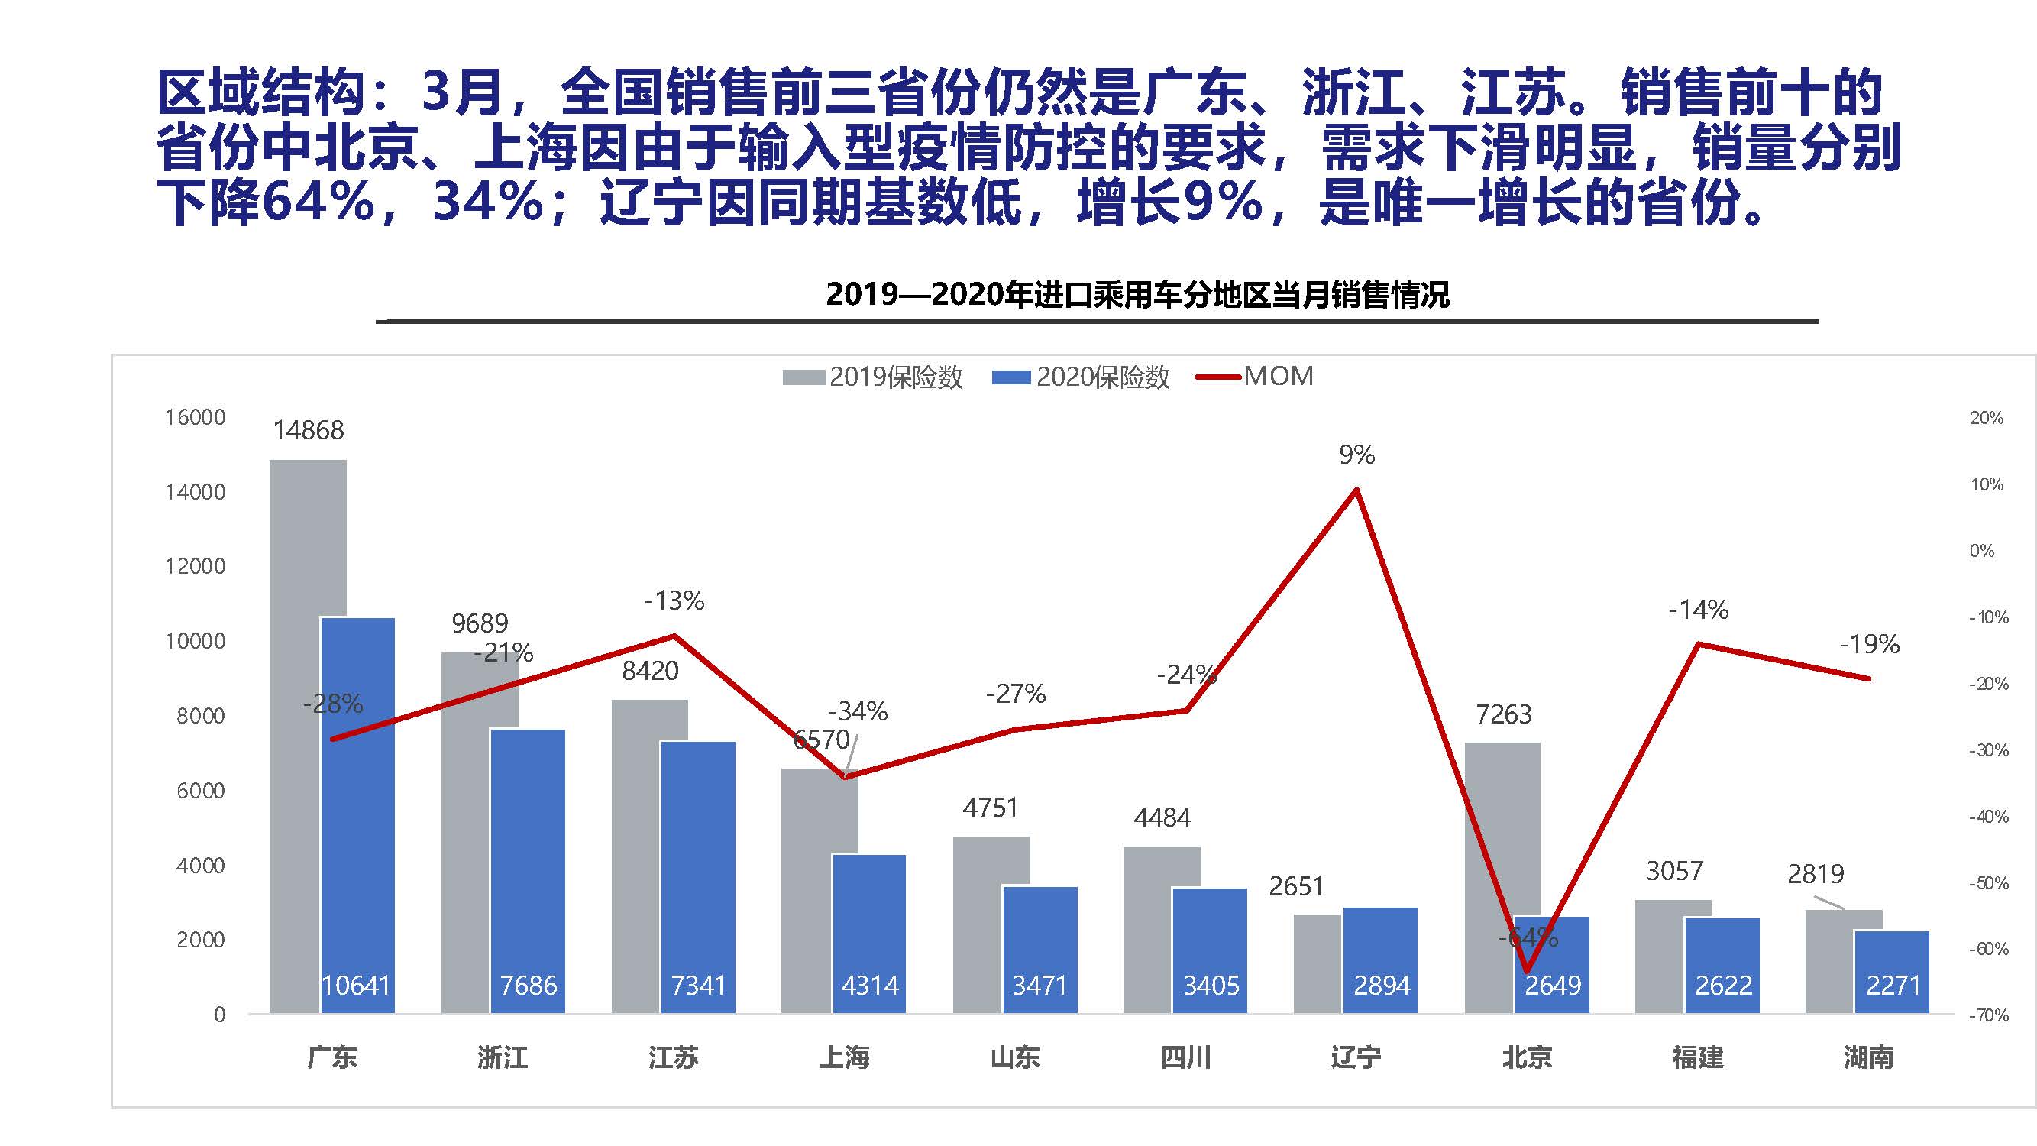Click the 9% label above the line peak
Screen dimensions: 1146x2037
pyautogui.click(x=1357, y=455)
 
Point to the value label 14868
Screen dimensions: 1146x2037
pyautogui.click(x=309, y=430)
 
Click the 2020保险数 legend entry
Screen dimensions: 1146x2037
pyautogui.click(x=1082, y=377)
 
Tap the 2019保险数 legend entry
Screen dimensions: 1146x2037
pyautogui.click(x=873, y=377)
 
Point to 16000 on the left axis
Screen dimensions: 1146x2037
pyautogui.click(x=196, y=418)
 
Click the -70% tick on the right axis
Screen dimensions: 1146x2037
pyautogui.click(x=1988, y=1015)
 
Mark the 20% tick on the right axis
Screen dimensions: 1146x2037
pyautogui.click(x=1987, y=418)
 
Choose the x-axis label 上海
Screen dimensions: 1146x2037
pyautogui.click(x=844, y=1057)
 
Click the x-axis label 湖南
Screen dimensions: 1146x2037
pyautogui.click(x=1868, y=1057)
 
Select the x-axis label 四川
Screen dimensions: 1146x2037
pyautogui.click(x=1185, y=1057)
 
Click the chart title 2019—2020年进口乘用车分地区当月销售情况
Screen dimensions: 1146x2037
pyautogui.click(x=1137, y=295)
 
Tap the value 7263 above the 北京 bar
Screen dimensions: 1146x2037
pyautogui.click(x=1503, y=715)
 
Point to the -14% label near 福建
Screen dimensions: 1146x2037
pyautogui.click(x=1699, y=610)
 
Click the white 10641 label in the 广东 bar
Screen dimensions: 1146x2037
pyautogui.click(x=356, y=986)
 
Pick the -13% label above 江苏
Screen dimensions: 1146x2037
pyautogui.click(x=674, y=601)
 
